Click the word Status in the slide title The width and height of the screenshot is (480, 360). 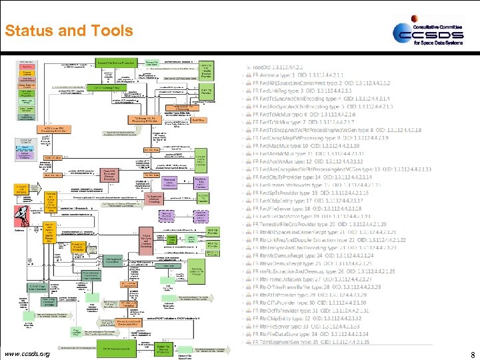pos(27,31)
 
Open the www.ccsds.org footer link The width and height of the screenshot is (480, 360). pos(27,353)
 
